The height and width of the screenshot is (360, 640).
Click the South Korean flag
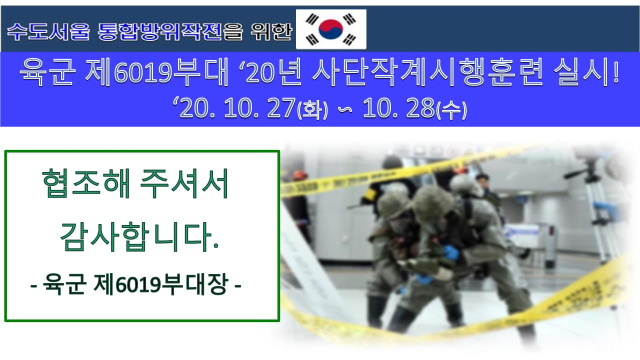click(x=331, y=29)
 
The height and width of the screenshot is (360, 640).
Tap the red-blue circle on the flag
click(x=331, y=29)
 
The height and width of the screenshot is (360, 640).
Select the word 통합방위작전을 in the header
click(x=170, y=31)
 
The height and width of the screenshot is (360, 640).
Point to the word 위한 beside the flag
click(x=271, y=31)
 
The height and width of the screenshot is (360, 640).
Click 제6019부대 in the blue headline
click(x=157, y=72)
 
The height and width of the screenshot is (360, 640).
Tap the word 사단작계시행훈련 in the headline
click(x=427, y=72)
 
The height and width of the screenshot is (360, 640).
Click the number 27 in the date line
click(x=281, y=107)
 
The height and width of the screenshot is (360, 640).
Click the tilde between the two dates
click(x=345, y=109)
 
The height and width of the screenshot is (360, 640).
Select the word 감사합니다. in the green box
click(x=139, y=236)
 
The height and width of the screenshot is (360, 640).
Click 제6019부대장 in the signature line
click(x=161, y=283)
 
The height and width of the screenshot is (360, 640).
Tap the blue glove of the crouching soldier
click(x=451, y=252)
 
